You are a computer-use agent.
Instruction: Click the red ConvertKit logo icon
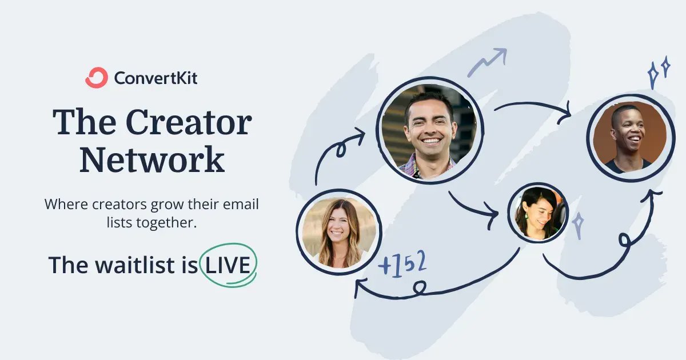96,78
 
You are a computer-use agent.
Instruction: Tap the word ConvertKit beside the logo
155,78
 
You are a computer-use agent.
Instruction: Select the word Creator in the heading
189,122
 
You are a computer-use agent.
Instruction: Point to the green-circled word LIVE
229,265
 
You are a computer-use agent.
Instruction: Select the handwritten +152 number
402,263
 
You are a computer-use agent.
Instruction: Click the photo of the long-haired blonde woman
339,231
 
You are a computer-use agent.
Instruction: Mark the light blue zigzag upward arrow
488,62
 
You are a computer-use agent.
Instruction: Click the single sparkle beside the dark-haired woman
579,226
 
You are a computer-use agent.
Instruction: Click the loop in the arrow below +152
421,285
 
